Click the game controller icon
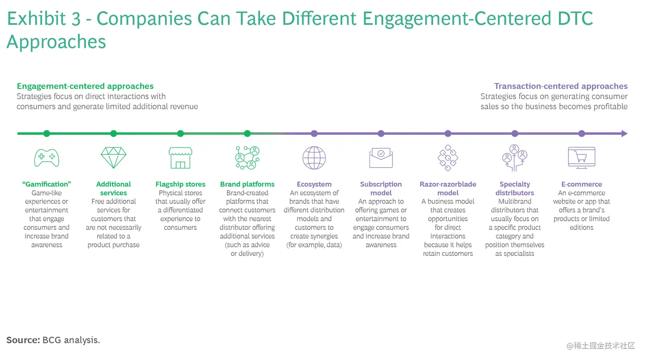coord(46,158)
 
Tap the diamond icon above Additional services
coord(113,158)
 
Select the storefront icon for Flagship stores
coord(180,158)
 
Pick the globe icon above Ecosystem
coord(314,158)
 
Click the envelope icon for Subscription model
coord(381,158)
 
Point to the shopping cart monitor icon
coord(581,158)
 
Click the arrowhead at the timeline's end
coord(625,134)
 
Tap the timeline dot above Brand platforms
coord(247,134)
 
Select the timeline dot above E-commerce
coord(581,134)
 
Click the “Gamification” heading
coord(46,184)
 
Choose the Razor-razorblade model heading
coord(448,189)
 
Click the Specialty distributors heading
coord(515,189)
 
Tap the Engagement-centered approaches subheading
coord(85,86)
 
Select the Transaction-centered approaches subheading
coord(561,86)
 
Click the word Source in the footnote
coord(23,340)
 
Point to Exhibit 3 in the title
coord(44,19)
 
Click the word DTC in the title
coord(575,19)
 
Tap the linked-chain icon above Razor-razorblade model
coord(448,158)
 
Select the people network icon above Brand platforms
coord(247,158)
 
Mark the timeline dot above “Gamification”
coord(46,134)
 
